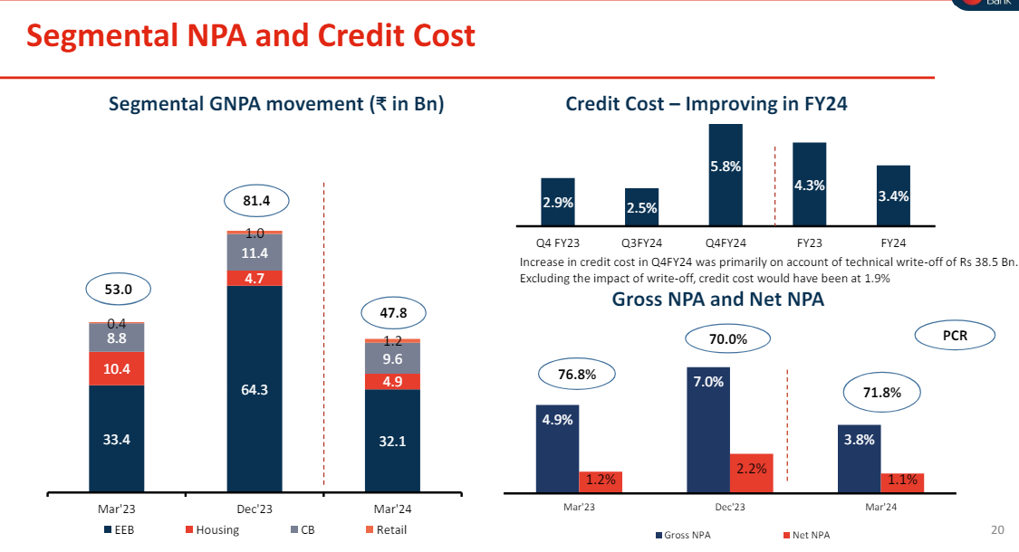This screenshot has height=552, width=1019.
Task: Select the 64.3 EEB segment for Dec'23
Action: click(255, 389)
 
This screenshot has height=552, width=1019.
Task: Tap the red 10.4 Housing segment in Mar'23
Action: click(117, 368)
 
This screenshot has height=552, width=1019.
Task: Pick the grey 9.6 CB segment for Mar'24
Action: click(392, 358)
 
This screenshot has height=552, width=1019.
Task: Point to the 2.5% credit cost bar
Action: click(641, 206)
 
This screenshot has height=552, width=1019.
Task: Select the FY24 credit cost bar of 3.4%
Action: click(893, 195)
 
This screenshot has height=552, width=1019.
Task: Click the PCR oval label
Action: click(955, 336)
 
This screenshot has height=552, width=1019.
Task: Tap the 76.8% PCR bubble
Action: click(577, 373)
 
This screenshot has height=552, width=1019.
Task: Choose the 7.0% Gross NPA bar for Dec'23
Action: click(708, 430)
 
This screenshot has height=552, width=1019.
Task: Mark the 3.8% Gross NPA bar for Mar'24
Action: click(859, 458)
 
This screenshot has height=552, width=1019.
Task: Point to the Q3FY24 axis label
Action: click(641, 243)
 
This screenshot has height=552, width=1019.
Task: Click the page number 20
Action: click(998, 529)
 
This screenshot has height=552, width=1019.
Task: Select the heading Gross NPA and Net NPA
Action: click(718, 299)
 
